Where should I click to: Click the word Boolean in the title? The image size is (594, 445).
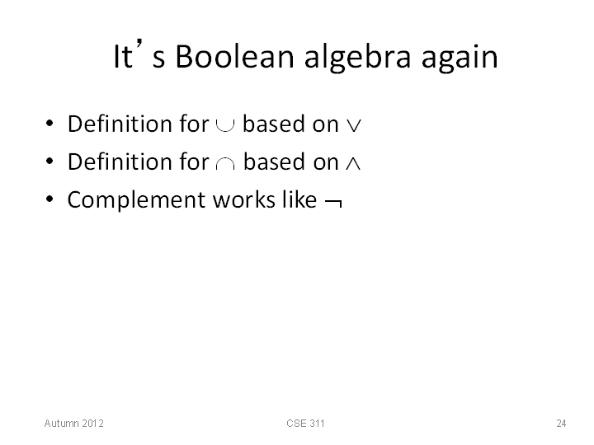pos(234,56)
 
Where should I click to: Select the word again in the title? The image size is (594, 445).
pos(460,58)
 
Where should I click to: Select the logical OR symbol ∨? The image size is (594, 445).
pos(354,125)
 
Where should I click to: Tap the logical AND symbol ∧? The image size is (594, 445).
pos(353,163)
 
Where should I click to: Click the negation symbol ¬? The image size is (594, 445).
pos(334,203)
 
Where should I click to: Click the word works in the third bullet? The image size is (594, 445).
pos(244,199)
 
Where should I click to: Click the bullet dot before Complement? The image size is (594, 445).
pos(49,199)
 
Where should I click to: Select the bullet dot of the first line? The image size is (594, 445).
pos(49,124)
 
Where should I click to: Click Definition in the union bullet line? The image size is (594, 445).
pos(120,124)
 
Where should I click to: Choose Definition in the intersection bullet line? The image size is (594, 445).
pos(120,162)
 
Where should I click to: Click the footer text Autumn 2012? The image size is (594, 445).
pos(74,423)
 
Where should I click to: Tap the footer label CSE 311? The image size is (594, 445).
pos(305,423)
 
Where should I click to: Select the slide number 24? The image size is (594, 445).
pos(561,423)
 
